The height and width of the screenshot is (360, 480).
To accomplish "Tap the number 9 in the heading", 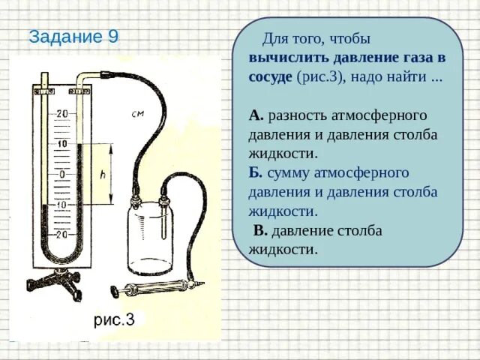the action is [112, 37].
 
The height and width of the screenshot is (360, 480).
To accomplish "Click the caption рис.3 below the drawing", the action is [114, 320].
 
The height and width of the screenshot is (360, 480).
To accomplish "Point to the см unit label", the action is [137, 115].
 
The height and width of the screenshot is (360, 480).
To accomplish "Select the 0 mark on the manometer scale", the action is [61, 174].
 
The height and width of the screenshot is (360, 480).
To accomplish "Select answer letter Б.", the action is [255, 173].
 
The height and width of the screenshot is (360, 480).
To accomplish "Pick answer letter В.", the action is [260, 230].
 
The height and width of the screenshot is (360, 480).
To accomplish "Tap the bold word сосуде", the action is [271, 77].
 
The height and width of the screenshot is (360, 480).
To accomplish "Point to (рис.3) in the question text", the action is [320, 77].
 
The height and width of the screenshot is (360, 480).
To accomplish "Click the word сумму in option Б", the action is [289, 173].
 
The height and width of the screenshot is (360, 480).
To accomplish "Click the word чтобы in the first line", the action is [349, 39].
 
